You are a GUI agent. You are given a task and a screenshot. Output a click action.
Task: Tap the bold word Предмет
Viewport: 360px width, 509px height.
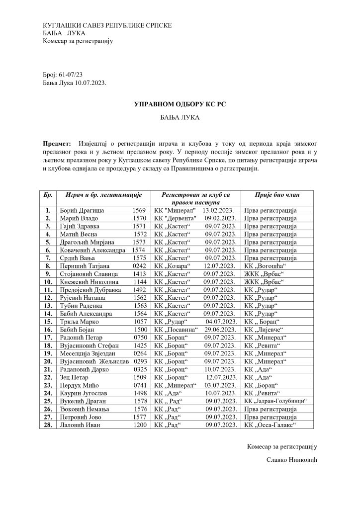pos(57,143)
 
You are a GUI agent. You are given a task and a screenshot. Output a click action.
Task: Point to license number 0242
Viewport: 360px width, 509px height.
pos(139,266)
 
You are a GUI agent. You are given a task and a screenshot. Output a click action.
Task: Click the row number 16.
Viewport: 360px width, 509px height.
pos(48,330)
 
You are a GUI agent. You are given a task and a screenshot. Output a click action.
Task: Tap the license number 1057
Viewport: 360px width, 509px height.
pos(139,322)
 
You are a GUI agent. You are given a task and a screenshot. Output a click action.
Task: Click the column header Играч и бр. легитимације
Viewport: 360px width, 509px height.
pos(100,194)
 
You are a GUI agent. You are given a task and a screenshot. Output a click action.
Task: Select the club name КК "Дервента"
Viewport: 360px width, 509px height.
pos(176,218)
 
